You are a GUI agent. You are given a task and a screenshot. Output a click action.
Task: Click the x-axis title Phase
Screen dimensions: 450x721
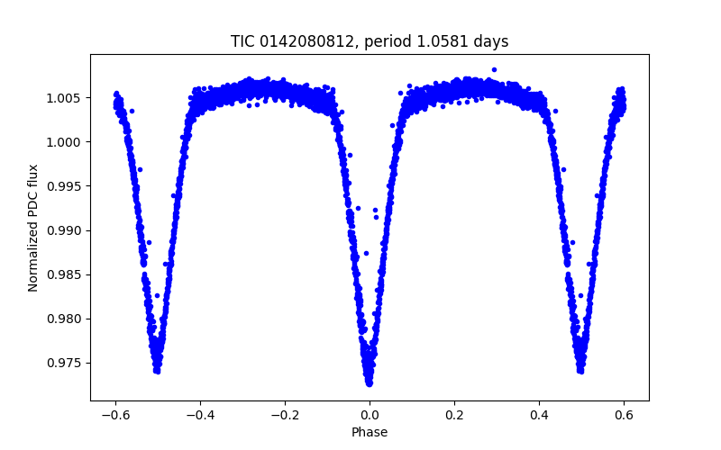(x=370, y=432)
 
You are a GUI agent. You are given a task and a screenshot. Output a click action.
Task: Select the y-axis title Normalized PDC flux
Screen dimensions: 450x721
(x=33, y=228)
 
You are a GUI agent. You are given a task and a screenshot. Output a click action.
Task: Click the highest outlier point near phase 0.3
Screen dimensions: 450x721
(x=494, y=69)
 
